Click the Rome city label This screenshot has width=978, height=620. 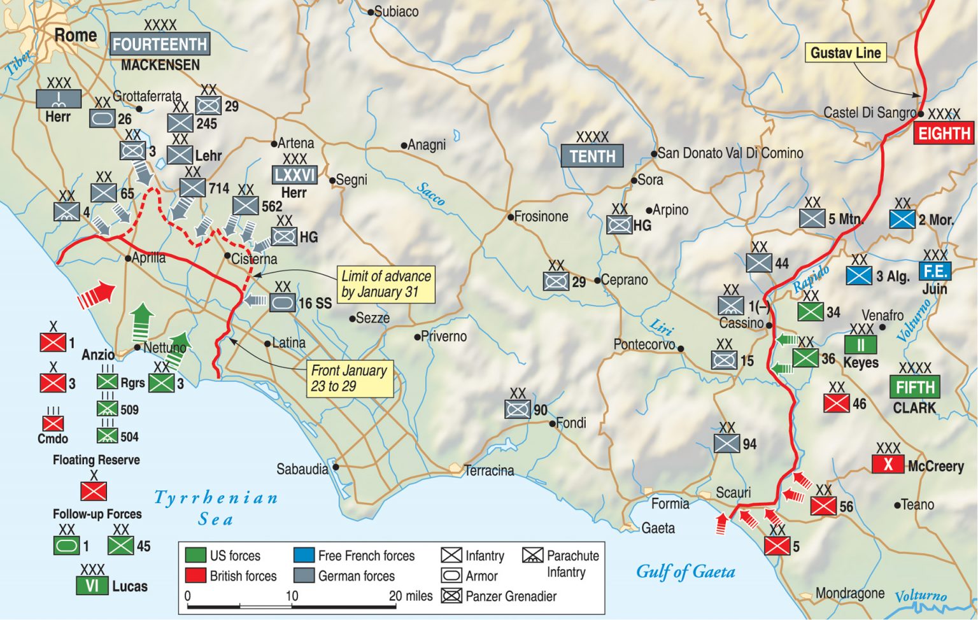75,35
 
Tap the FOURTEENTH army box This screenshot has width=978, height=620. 160,45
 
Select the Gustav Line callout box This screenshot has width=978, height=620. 846,53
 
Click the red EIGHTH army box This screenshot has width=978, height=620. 944,133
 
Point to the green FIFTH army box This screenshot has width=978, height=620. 915,387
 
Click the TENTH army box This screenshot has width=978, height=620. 592,156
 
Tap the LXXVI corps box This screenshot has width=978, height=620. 294,174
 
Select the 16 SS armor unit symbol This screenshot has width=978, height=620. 282,302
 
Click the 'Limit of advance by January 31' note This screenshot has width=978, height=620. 386,284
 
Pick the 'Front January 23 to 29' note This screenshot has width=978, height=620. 349,378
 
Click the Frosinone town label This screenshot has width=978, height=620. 541,216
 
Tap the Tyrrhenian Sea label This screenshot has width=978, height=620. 216,507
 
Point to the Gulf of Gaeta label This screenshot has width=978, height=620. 685,572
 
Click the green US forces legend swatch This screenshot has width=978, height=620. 195,555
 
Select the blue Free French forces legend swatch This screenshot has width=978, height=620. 304,555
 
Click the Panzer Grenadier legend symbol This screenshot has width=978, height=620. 451,596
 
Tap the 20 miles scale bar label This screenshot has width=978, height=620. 410,596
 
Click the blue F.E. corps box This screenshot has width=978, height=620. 935,271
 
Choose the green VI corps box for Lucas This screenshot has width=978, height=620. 92,586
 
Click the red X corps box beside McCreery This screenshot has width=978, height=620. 888,465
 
